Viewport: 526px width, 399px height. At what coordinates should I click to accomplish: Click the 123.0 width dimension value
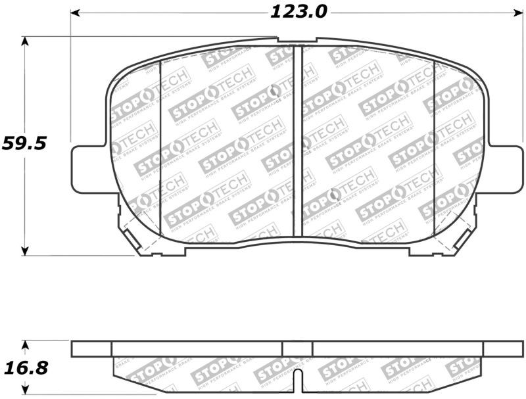297,12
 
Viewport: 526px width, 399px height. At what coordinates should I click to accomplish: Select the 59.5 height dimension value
24,143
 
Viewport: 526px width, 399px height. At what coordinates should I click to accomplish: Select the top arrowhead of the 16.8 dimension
26,344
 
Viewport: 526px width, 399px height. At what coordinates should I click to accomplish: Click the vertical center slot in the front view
297,141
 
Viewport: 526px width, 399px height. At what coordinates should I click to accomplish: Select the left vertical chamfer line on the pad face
161,148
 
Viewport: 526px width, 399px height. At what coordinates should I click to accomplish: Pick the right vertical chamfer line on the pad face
434,148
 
